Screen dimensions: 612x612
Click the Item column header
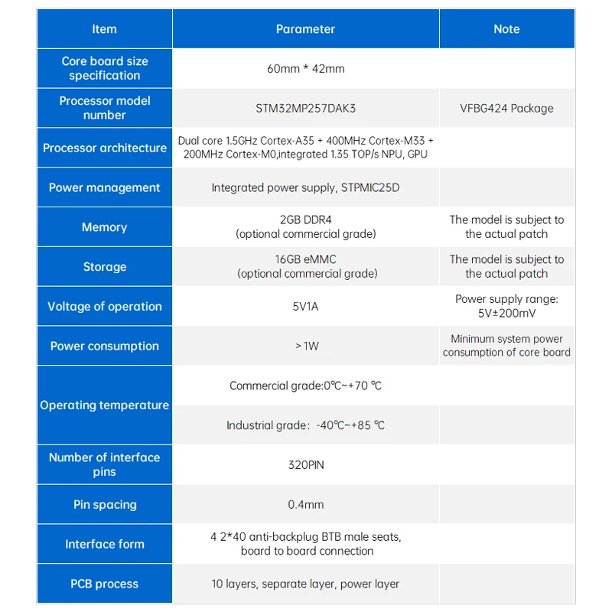[105, 29]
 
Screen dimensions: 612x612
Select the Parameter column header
[305, 29]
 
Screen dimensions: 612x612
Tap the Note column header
[506, 29]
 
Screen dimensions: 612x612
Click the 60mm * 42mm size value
[305, 69]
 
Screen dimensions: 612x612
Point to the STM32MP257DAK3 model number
[305, 109]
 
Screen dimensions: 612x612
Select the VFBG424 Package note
[506, 109]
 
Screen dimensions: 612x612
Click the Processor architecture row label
[105, 148]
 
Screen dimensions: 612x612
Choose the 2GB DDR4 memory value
[305, 220]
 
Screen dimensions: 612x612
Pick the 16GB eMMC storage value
[305, 259]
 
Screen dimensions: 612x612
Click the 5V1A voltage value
[305, 307]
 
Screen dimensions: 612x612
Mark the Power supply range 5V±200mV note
[506, 306]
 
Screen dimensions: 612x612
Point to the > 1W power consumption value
[305, 346]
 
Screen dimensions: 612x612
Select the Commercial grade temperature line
[305, 386]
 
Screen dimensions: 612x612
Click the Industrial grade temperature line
[305, 425]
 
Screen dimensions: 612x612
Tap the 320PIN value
[305, 464]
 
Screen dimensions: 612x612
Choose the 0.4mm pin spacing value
[305, 505]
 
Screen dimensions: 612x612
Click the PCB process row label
[105, 584]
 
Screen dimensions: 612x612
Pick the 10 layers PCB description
[305, 584]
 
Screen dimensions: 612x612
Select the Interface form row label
[105, 544]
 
